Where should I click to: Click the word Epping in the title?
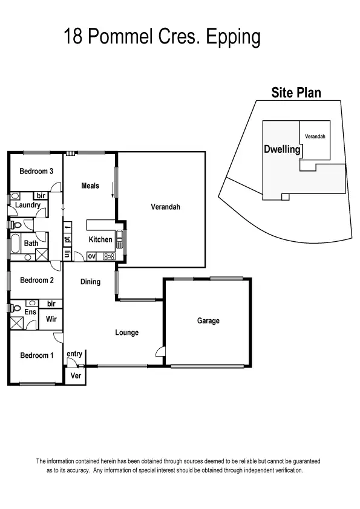[234, 37]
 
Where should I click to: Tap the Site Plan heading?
[295, 92]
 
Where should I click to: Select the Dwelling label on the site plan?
[282, 149]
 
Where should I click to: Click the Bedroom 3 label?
[36, 171]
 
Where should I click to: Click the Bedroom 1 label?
[36, 355]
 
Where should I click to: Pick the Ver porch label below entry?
[76, 375]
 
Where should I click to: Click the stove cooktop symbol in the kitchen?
[109, 256]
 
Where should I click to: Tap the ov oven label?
[92, 256]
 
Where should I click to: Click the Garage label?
[208, 321]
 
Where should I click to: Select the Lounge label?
[127, 332]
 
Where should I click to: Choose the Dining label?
[90, 282]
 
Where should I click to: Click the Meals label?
[90, 186]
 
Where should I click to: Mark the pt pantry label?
[67, 240]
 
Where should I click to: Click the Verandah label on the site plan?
[315, 137]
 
